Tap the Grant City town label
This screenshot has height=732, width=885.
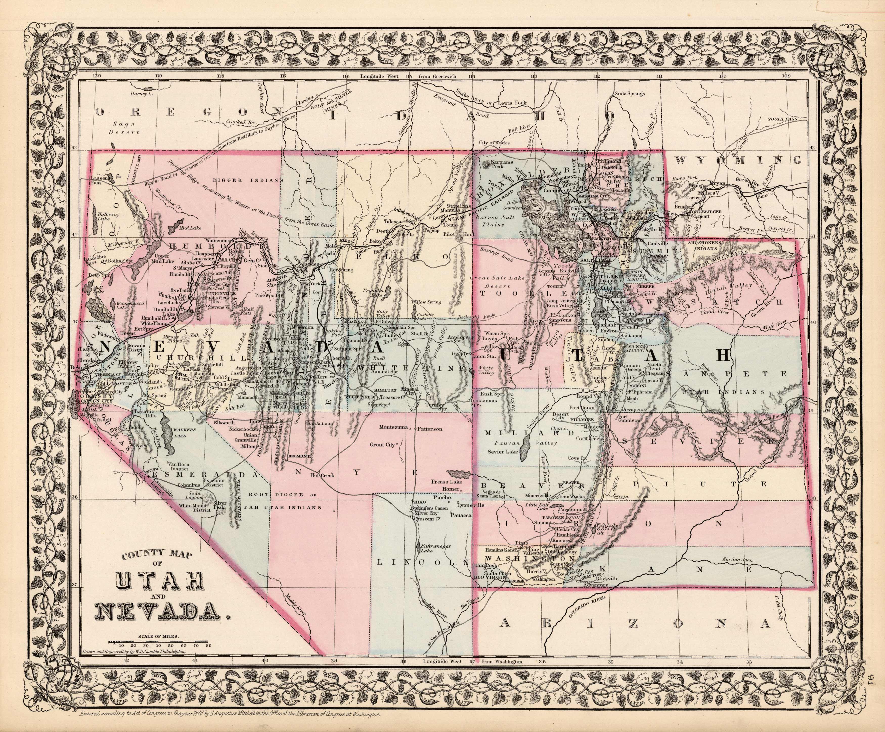click(382, 444)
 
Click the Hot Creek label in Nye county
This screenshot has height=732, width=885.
click(322, 475)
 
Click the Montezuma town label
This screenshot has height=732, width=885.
click(394, 427)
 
